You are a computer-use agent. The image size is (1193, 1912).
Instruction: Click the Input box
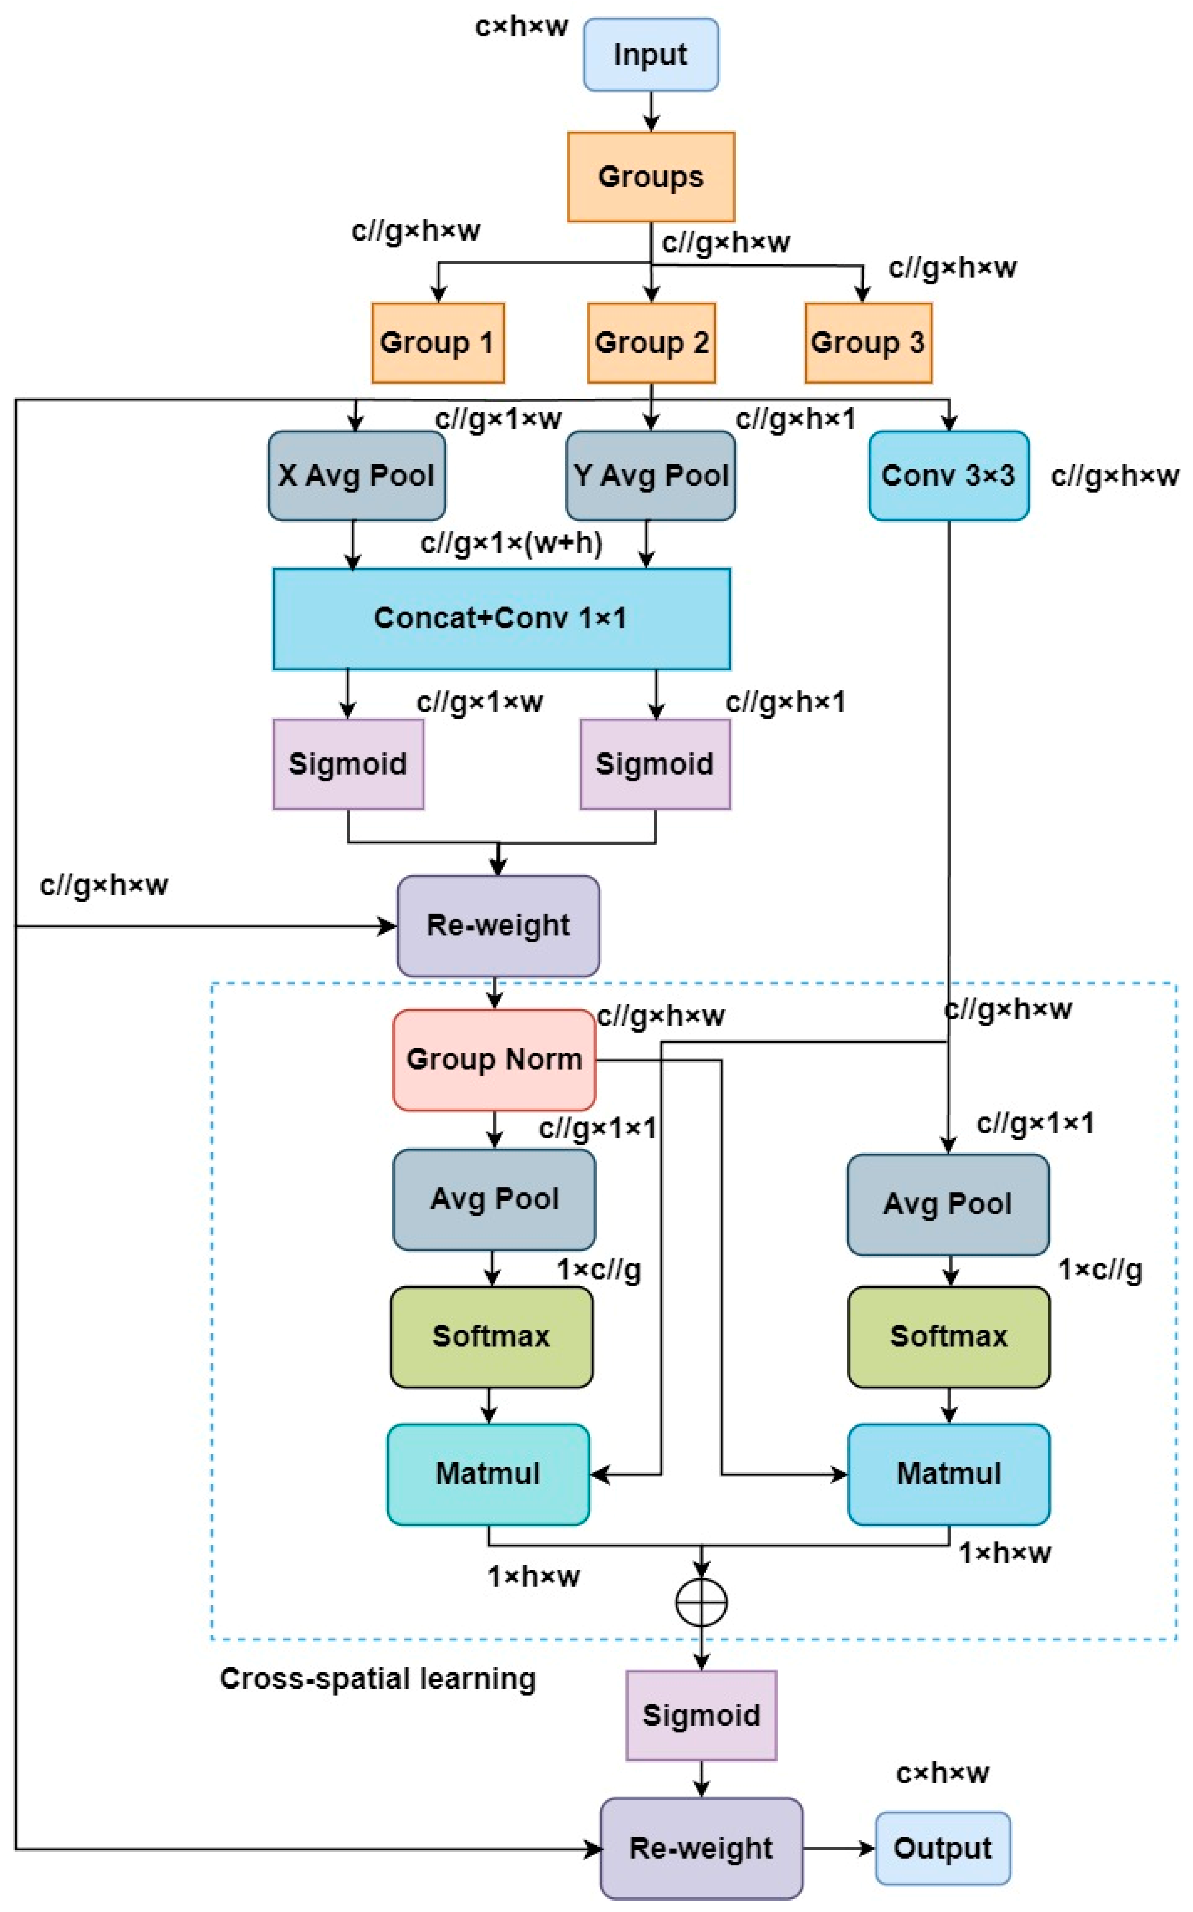[x=651, y=55]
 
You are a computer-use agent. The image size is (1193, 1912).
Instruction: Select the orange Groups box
[x=651, y=177]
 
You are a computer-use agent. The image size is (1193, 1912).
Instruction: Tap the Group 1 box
[x=438, y=342]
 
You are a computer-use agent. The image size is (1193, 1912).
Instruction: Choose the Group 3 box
[x=868, y=342]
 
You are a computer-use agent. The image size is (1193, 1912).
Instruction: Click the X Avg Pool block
[x=356, y=475]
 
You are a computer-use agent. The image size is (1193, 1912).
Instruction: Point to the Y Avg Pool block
[x=651, y=475]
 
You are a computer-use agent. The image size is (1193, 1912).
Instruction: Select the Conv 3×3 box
[x=948, y=475]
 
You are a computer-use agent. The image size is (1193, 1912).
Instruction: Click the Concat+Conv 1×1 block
[x=502, y=618]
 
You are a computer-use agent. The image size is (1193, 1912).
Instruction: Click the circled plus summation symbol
[x=701, y=1602]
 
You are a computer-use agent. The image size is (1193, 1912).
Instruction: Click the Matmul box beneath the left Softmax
[x=489, y=1473]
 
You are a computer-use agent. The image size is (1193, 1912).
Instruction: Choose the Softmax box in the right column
[x=948, y=1336]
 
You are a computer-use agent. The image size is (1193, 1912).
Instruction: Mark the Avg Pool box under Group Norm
[x=495, y=1199]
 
